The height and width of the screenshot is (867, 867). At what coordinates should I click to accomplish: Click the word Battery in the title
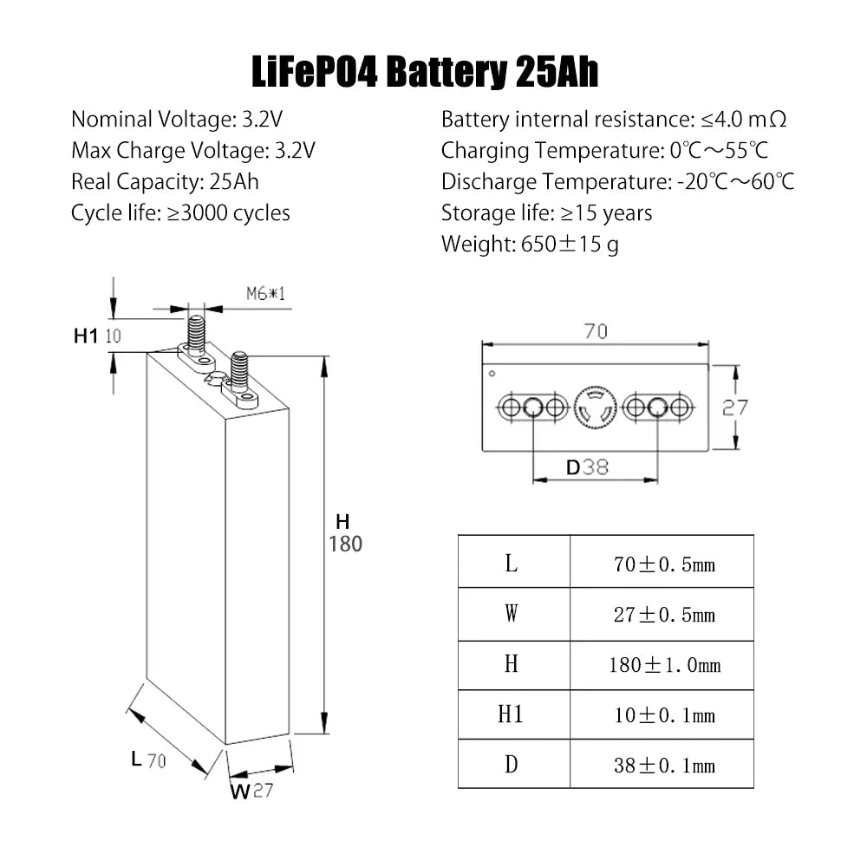click(x=447, y=72)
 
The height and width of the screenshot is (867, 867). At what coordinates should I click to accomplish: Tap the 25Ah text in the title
click(x=557, y=72)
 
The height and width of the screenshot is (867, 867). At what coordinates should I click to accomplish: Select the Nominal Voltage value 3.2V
click(x=263, y=120)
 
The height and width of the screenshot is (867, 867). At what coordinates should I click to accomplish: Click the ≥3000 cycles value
click(x=228, y=213)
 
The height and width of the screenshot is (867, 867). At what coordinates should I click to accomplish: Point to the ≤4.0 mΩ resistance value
click(x=744, y=120)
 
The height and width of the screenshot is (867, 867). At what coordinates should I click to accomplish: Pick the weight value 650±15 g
click(x=570, y=244)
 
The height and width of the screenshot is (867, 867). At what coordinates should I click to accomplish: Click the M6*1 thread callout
click(x=266, y=294)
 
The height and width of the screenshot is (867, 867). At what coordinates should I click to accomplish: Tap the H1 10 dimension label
click(x=97, y=336)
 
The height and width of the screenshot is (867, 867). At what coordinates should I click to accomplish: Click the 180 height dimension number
click(x=346, y=544)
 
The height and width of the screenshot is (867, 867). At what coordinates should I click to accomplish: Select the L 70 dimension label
click(x=149, y=759)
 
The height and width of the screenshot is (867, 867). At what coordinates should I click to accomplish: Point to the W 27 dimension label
click(x=251, y=791)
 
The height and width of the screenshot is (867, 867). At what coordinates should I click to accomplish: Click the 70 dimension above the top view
click(x=596, y=331)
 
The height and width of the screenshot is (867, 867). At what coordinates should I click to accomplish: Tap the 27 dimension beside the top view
click(x=735, y=408)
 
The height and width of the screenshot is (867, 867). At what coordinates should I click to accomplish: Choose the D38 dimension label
click(x=587, y=468)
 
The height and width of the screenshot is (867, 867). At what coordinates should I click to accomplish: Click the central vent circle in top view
click(x=595, y=408)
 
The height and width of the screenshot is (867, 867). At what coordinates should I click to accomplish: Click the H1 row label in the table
click(x=511, y=714)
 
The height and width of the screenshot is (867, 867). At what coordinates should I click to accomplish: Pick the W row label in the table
click(x=512, y=614)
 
